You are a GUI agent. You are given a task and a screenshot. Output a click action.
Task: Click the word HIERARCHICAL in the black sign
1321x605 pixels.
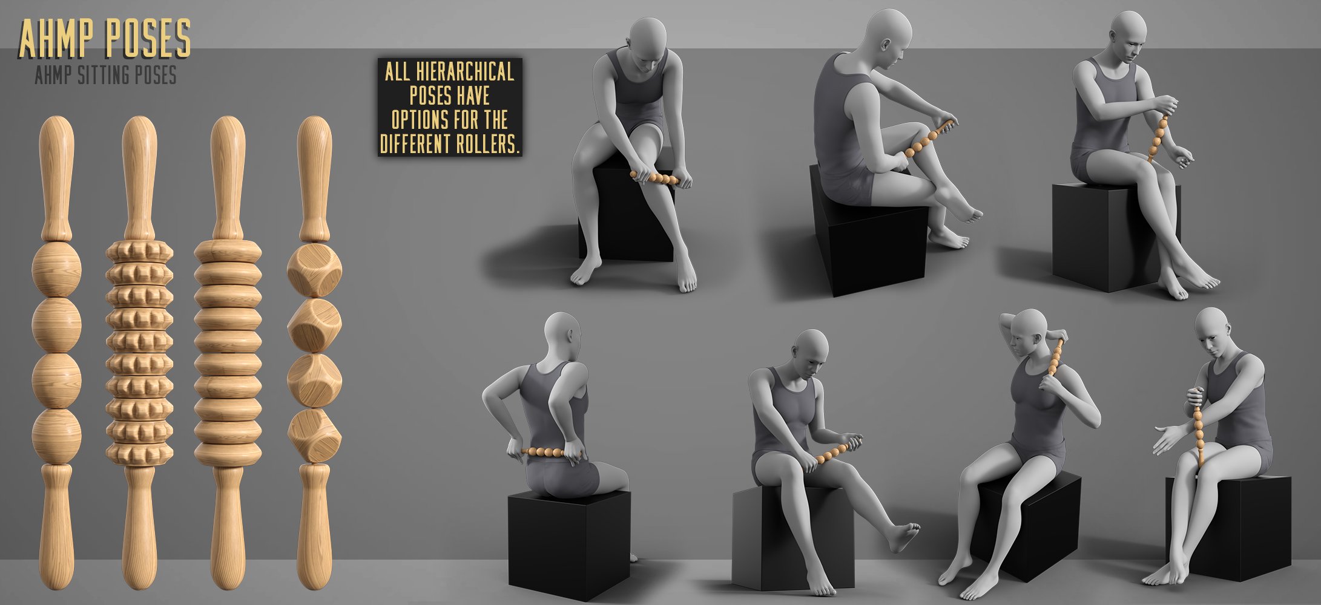click(464, 73)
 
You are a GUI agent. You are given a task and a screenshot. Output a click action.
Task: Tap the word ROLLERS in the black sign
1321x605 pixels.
click(485, 145)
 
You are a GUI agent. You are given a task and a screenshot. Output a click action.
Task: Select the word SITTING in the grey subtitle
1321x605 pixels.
click(108, 76)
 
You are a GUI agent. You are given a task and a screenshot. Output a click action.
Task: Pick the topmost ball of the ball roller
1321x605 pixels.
click(56, 269)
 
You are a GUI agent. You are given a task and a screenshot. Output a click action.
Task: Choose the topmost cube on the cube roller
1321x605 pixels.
click(314, 270)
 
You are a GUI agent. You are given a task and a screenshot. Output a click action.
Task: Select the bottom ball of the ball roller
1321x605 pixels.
click(56, 434)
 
